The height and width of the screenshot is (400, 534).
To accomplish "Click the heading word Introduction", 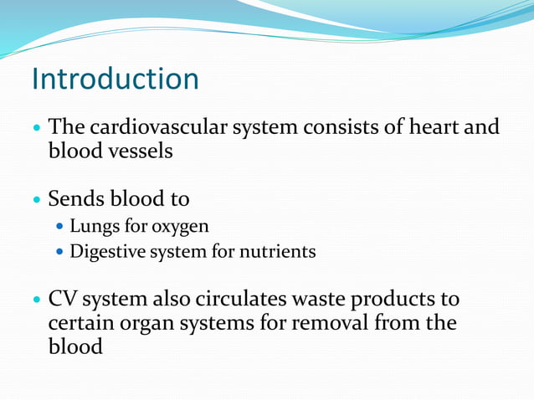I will point(115,79).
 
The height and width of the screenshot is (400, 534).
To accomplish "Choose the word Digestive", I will point(106,251).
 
